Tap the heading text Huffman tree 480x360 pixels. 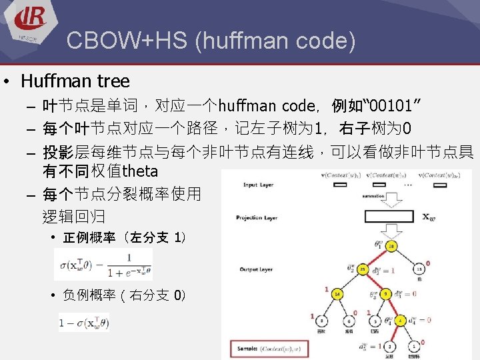point(75,81)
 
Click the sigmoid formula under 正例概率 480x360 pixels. point(104,266)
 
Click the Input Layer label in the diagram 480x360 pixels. point(259,185)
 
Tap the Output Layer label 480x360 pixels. point(257,269)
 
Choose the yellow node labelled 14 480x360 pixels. point(338,293)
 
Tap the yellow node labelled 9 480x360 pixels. point(385,293)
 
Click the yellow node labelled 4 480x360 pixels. point(400,321)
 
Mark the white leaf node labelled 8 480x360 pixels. point(321,321)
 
